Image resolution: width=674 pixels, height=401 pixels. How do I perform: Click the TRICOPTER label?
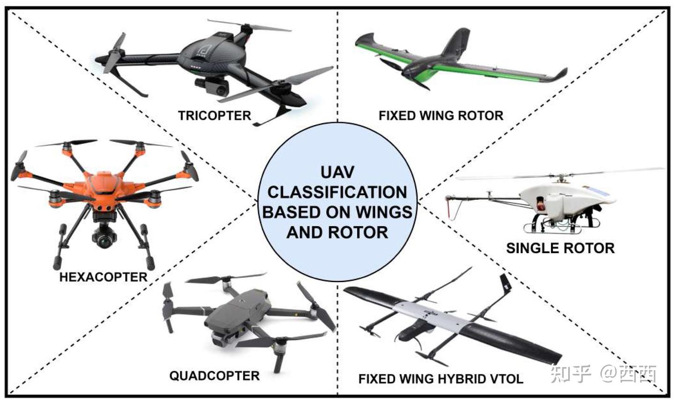pos(214,115)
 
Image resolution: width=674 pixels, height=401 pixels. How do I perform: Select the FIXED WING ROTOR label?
pos(441,116)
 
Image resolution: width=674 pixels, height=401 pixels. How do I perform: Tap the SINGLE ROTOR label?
pos(560,248)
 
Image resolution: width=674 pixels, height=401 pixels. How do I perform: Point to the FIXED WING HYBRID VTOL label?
pos(440,379)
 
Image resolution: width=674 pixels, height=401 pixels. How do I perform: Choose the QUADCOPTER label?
pos(214,376)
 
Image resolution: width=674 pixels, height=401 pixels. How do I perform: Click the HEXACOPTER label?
pos(103,277)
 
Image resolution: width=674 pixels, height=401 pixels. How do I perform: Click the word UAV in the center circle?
pos(337,172)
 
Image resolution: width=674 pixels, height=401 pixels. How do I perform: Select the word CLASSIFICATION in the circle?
pos(337,192)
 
